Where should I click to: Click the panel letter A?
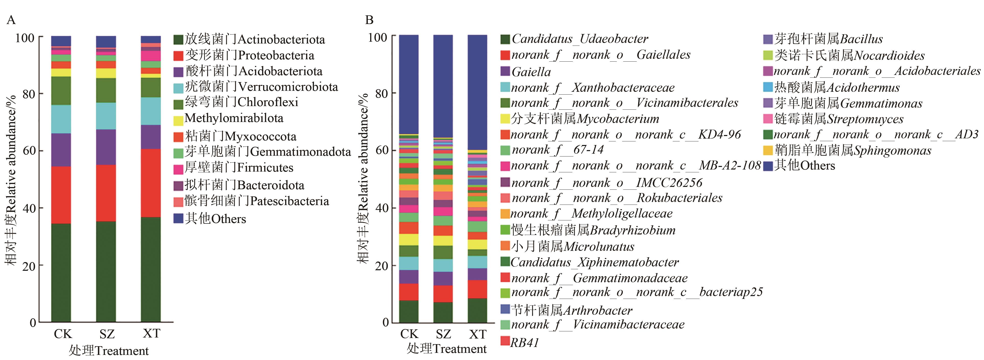(11, 20)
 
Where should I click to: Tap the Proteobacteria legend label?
(249, 55)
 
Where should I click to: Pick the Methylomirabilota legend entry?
(233, 118)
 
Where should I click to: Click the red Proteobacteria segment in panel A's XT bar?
(151, 183)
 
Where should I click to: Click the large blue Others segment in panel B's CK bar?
(409, 84)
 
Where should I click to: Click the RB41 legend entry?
(524, 342)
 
